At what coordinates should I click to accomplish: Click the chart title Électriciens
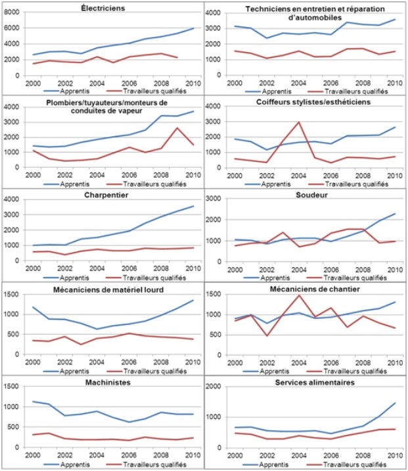(x=103, y=9)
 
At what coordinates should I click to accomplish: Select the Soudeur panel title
(x=306, y=195)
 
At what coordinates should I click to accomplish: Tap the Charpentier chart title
(x=104, y=195)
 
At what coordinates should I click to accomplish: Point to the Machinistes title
(x=102, y=382)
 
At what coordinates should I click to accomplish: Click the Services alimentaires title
(x=306, y=383)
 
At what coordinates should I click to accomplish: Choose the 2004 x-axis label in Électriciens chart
(x=96, y=83)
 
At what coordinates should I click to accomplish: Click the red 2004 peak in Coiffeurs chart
(x=299, y=122)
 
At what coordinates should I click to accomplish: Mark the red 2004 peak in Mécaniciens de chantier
(x=299, y=295)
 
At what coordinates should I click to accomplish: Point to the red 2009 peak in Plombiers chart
(x=177, y=128)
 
